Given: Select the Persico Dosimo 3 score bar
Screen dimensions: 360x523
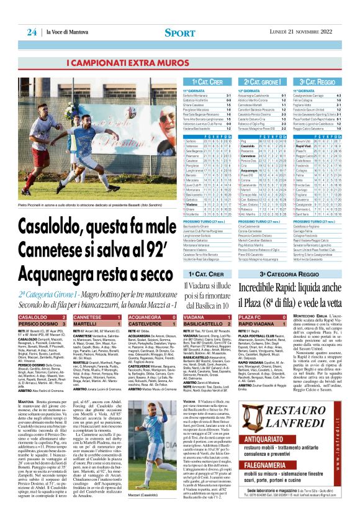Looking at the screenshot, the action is [45, 324].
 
